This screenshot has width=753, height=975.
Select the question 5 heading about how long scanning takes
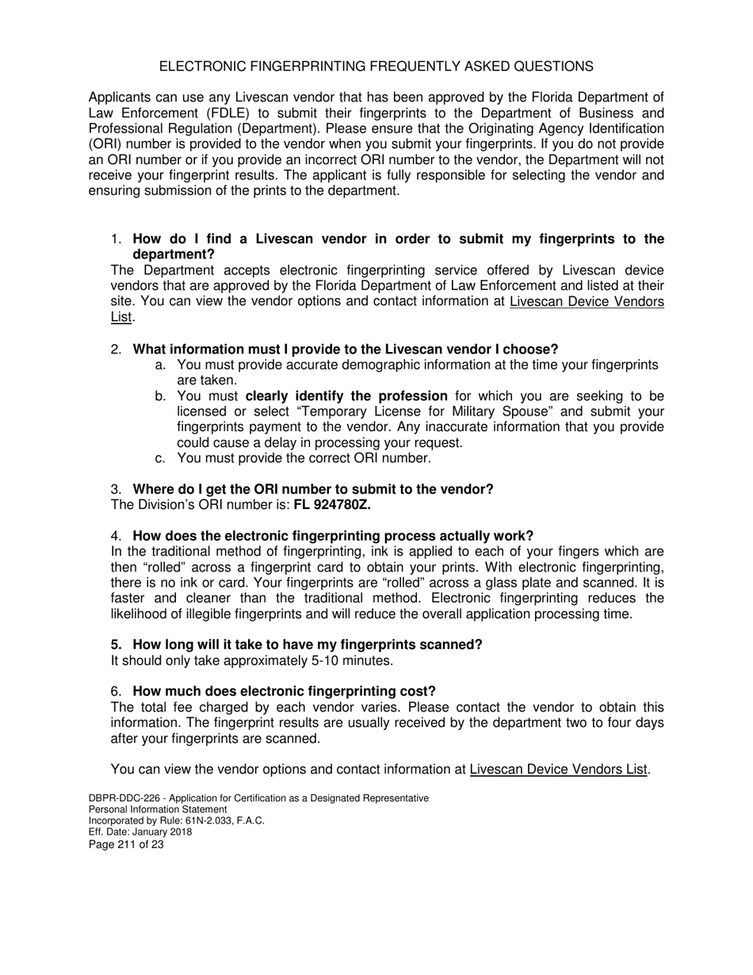click(307, 644)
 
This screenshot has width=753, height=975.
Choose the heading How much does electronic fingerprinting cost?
click(284, 691)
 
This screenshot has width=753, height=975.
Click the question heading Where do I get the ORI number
click(312, 489)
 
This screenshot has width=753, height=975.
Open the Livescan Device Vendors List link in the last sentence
click(559, 769)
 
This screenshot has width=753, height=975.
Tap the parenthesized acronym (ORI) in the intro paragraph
click(106, 144)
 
